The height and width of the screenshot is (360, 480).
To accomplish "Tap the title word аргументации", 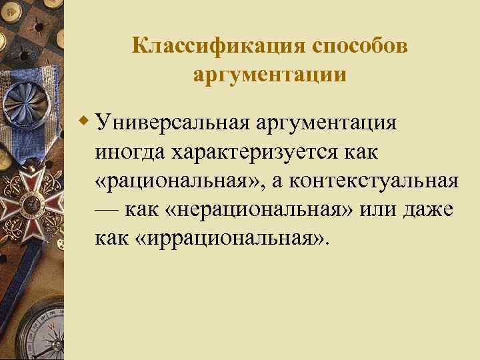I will tap(269, 74).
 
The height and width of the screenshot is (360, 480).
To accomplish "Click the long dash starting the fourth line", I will tap(107, 209).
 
